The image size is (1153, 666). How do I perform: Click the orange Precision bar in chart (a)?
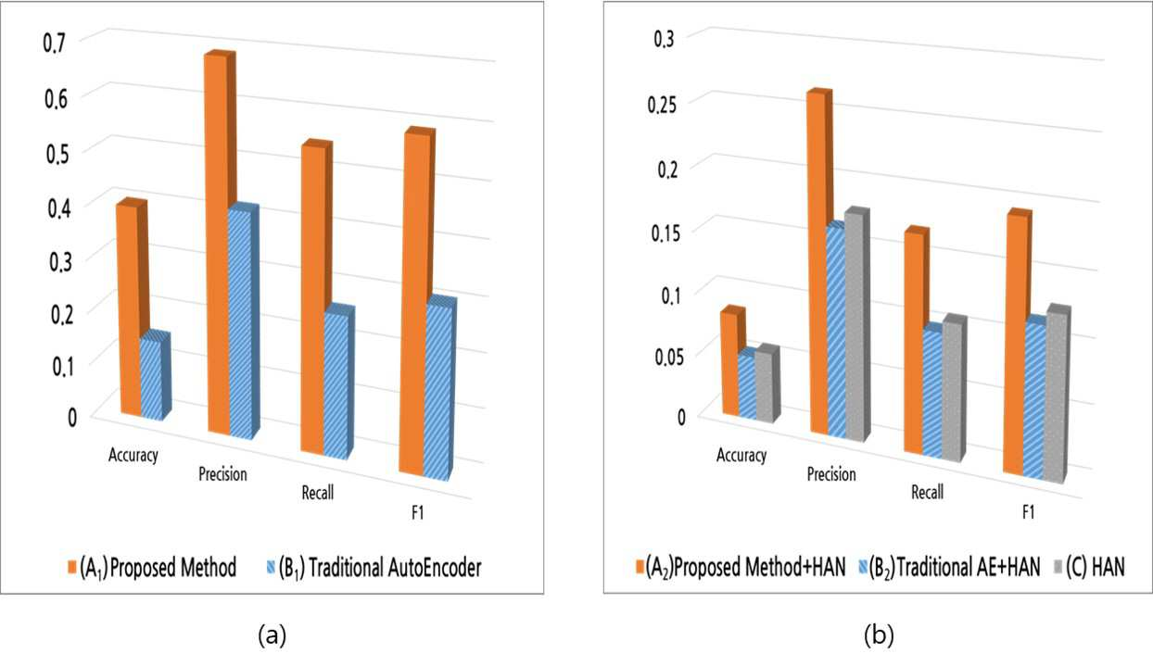pyautogui.click(x=219, y=242)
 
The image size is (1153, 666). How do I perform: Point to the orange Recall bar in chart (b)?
pyautogui.click(x=914, y=342)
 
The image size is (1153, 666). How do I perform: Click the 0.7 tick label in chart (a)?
pyautogui.click(x=55, y=44)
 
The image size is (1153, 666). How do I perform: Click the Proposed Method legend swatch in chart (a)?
pyautogui.click(x=72, y=568)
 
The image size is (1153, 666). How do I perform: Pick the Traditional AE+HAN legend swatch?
pyautogui.click(x=863, y=567)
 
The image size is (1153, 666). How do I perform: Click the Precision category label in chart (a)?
pyautogui.click(x=222, y=473)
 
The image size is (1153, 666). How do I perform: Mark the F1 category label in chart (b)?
pyautogui.click(x=1028, y=512)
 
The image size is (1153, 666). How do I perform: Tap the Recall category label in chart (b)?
pyautogui.click(x=927, y=492)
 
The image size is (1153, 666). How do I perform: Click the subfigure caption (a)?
pyautogui.click(x=272, y=635)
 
